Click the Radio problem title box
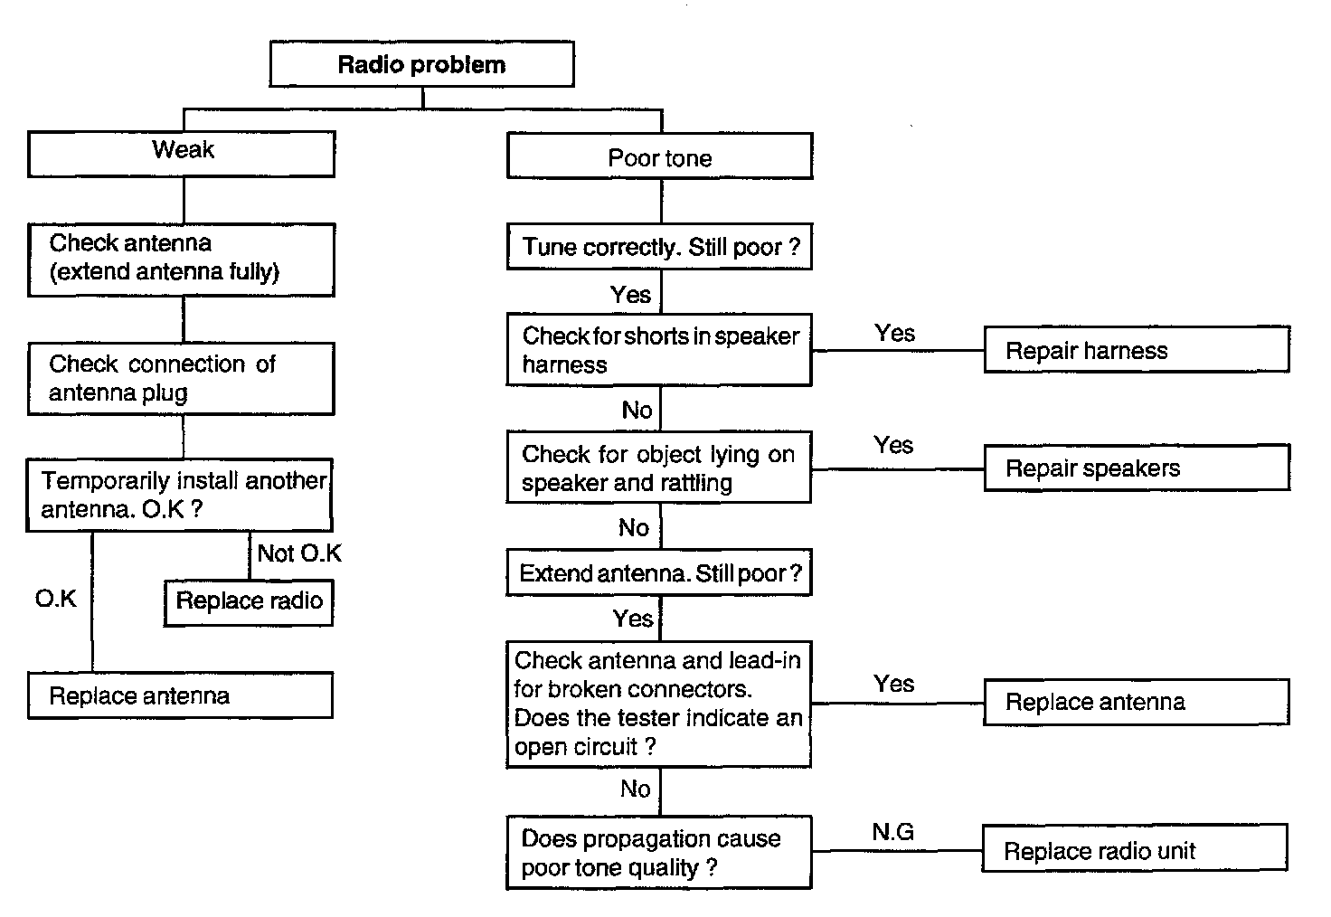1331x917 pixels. click(422, 64)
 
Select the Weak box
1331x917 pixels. click(182, 154)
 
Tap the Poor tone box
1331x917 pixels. click(659, 156)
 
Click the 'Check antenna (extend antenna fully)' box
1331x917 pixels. click(182, 260)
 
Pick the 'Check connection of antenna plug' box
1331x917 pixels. click(181, 379)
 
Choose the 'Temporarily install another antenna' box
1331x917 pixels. click(179, 495)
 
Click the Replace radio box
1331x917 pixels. click(249, 602)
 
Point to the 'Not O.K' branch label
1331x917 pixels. click(299, 553)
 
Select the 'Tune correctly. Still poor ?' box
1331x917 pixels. click(659, 247)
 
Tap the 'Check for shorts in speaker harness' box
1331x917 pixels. click(659, 350)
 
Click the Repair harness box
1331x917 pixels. click(1137, 349)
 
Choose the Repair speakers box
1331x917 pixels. click(1137, 468)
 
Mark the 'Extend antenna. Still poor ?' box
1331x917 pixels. click(659, 572)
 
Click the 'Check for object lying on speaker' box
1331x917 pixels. click(659, 468)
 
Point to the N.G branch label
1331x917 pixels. click(892, 832)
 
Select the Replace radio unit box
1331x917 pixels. click(1135, 848)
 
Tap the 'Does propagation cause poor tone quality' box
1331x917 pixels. click(659, 852)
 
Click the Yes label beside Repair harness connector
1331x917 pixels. click(895, 334)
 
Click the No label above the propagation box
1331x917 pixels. click(635, 789)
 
